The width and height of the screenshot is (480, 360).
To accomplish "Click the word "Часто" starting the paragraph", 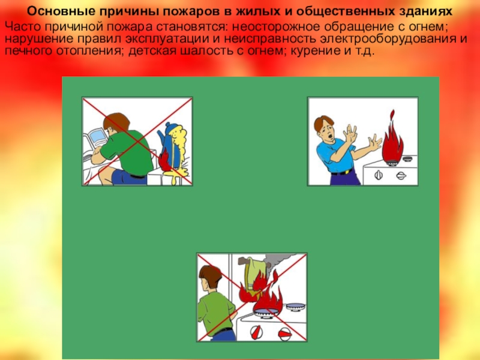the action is [23, 26].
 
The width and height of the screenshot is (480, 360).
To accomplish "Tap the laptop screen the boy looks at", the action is [97, 137].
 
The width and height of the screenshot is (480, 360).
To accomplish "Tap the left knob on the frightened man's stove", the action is [379, 175].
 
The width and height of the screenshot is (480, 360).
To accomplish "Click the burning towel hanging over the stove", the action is [251, 275].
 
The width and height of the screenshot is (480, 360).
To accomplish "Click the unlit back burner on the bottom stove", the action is [295, 306].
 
